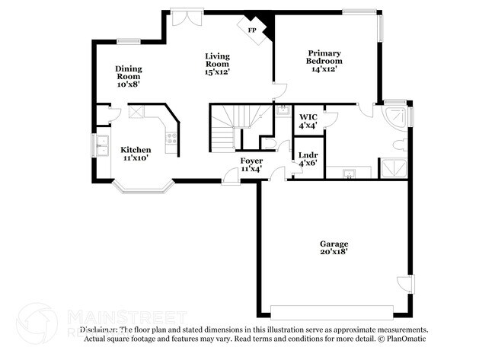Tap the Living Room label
(x=217, y=64)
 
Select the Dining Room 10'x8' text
(x=129, y=76)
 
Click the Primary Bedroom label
(x=324, y=61)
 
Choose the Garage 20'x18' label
(x=334, y=247)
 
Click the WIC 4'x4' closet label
(x=308, y=122)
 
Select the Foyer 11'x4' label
(x=251, y=164)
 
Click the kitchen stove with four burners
(x=172, y=139)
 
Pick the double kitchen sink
(x=102, y=144)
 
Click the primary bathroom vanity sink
(x=349, y=174)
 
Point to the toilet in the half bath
(x=267, y=142)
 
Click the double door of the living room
(x=184, y=17)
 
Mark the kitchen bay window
(x=141, y=186)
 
